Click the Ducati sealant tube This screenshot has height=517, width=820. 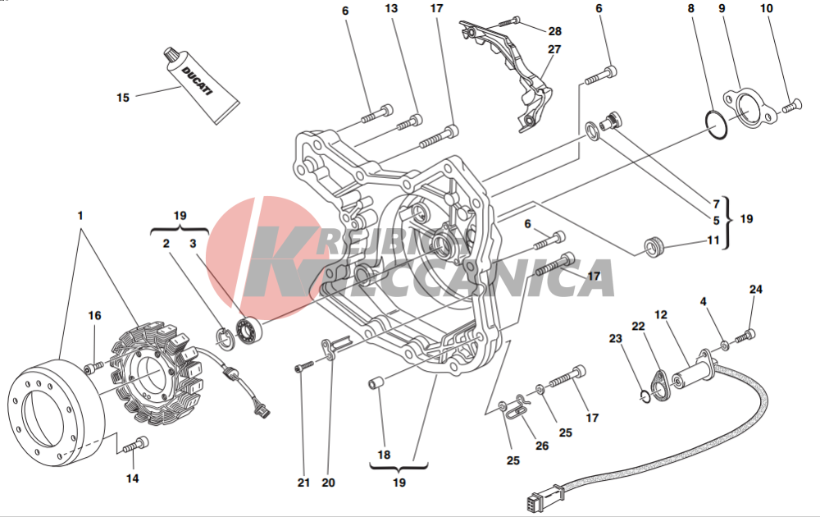pyautogui.click(x=202, y=86)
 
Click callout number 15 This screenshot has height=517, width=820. pyautogui.click(x=123, y=98)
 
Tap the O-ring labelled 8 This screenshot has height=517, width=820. pyautogui.click(x=715, y=126)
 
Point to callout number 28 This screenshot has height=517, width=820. pyautogui.click(x=555, y=31)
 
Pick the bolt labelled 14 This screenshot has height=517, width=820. pyautogui.click(x=135, y=445)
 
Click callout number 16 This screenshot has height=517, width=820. pyautogui.click(x=94, y=316)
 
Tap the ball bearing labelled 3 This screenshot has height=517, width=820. pyautogui.click(x=249, y=330)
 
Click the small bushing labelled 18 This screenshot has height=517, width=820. pyautogui.click(x=376, y=385)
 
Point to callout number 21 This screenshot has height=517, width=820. pyautogui.click(x=304, y=483)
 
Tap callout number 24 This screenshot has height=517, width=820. pyautogui.click(x=756, y=290)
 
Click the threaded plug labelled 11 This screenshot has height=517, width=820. pyautogui.click(x=654, y=247)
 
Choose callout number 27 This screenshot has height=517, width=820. pyautogui.click(x=554, y=49)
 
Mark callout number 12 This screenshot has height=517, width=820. pyautogui.click(x=661, y=315)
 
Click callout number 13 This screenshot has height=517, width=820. pyautogui.click(x=391, y=8)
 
